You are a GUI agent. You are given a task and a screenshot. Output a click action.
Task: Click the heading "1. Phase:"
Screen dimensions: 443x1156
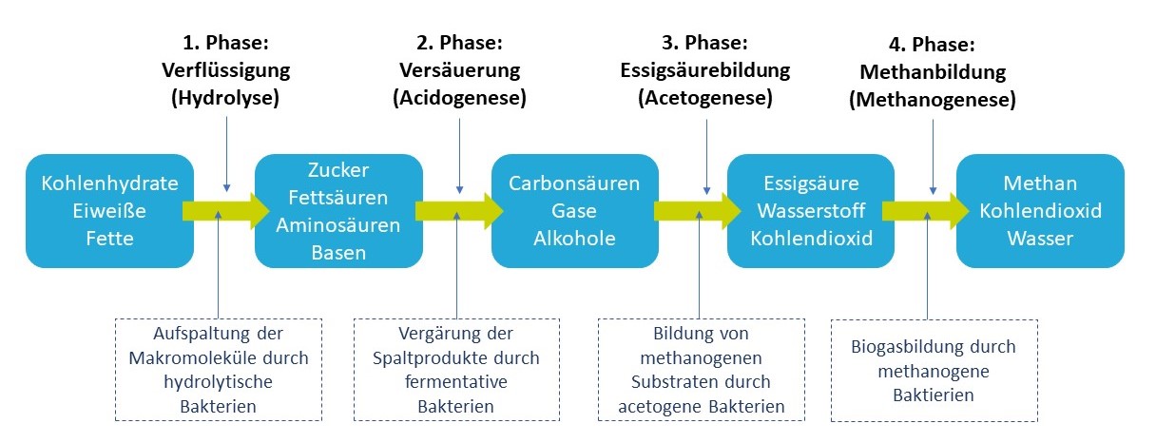pos(225,44)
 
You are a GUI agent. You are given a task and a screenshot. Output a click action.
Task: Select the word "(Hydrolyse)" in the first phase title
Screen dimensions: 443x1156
pos(225,97)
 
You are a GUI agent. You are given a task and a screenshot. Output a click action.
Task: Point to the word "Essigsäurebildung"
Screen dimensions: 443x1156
pos(704,70)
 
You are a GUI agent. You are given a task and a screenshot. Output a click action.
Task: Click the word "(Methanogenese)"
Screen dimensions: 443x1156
pos(933,99)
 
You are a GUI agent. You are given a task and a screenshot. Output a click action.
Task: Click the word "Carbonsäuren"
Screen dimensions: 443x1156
pos(574,183)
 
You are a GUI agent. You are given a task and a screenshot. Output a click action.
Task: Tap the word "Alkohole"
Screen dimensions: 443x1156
pos(574,237)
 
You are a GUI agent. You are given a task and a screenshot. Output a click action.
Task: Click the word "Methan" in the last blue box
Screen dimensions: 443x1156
pos(1041,183)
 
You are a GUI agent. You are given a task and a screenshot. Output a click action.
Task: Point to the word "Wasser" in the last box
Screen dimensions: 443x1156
pos(1041,237)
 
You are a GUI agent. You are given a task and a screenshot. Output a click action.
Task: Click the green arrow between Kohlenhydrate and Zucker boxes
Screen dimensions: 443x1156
pos(225,210)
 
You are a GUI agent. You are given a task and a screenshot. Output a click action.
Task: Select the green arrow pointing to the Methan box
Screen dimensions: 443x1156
pos(924,210)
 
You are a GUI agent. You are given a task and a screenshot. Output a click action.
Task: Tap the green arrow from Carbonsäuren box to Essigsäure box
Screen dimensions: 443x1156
pos(692,210)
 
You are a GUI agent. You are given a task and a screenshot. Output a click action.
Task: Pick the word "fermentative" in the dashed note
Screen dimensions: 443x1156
pos(456,382)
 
